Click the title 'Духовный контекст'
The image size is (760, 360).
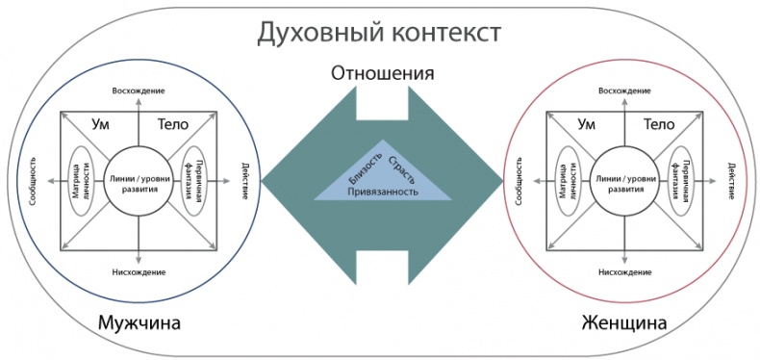click(x=379, y=33)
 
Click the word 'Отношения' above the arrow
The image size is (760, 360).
click(x=382, y=73)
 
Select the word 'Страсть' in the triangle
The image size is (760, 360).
click(x=402, y=167)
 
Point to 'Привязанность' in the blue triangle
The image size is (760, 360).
click(x=383, y=191)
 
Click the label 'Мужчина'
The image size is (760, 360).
click(x=139, y=321)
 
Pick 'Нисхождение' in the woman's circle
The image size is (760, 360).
click(x=624, y=271)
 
